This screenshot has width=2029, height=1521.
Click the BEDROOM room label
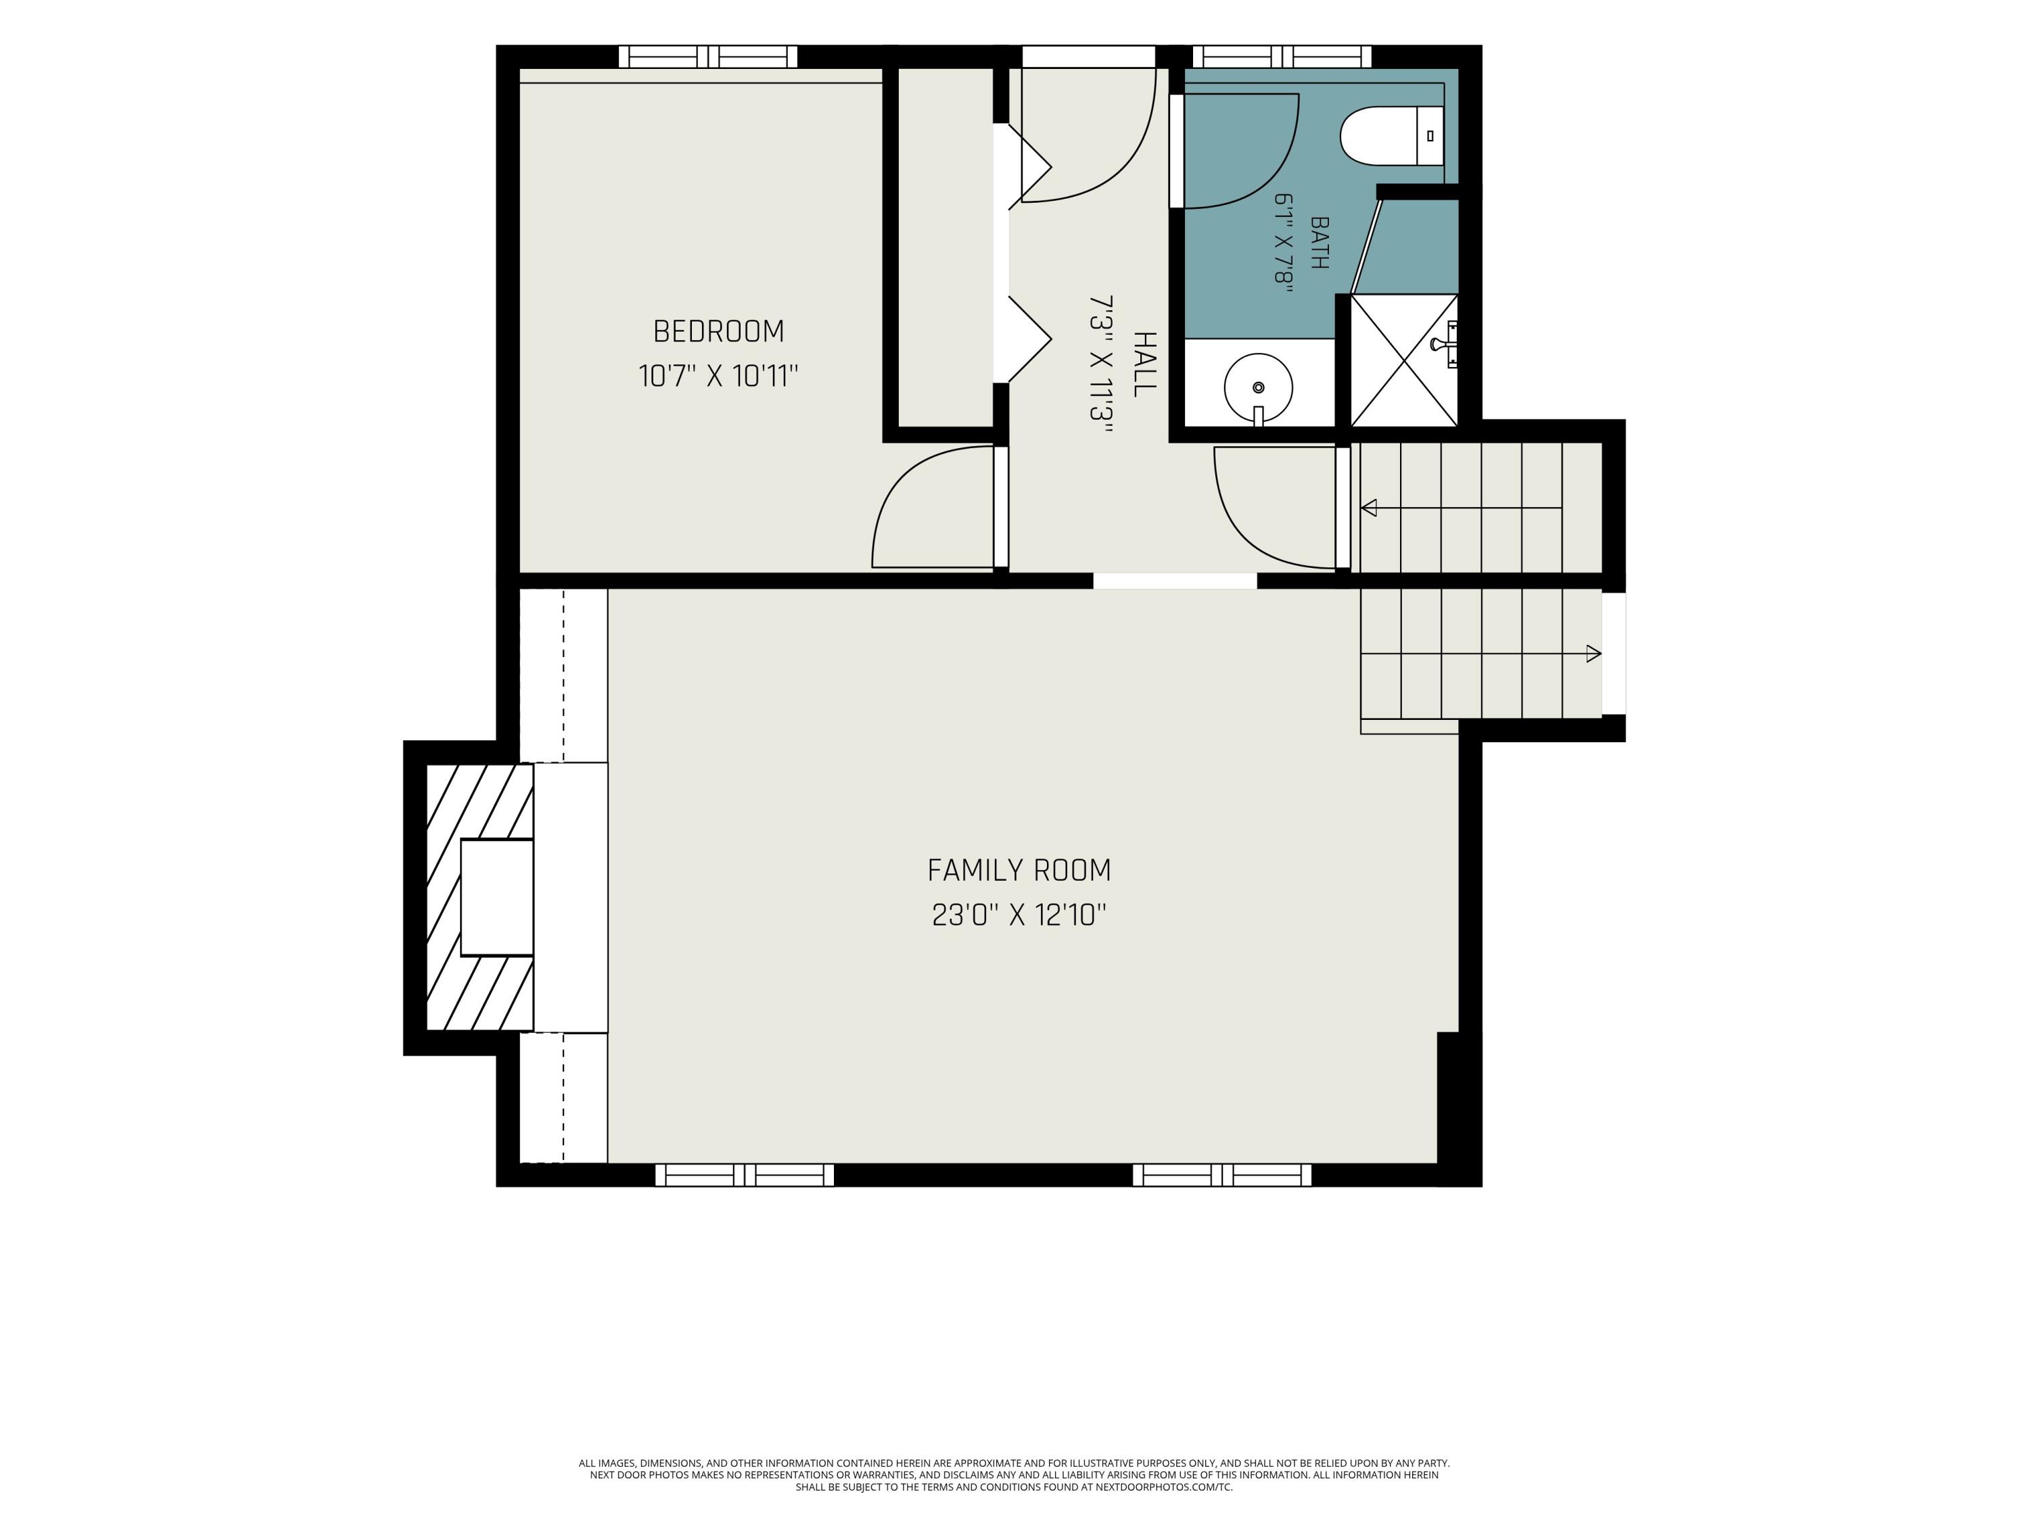(x=718, y=331)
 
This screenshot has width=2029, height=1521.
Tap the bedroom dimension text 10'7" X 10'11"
(x=718, y=376)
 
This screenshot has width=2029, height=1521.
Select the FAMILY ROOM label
(x=1019, y=870)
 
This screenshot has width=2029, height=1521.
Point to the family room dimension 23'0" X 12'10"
(x=1019, y=915)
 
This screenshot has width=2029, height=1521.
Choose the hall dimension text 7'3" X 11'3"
(x=1100, y=358)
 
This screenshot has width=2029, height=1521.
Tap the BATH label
(x=1319, y=242)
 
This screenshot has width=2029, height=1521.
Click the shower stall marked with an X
(x=1404, y=360)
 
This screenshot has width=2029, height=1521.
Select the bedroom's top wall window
(x=708, y=57)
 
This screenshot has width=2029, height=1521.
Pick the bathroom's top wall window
(x=1282, y=57)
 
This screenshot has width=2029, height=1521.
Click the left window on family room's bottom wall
(x=745, y=1174)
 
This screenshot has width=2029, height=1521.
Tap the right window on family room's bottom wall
(x=1222, y=1174)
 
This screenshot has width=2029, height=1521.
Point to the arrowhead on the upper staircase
(x=1369, y=507)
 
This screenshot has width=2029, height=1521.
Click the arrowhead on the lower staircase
(x=1594, y=654)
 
